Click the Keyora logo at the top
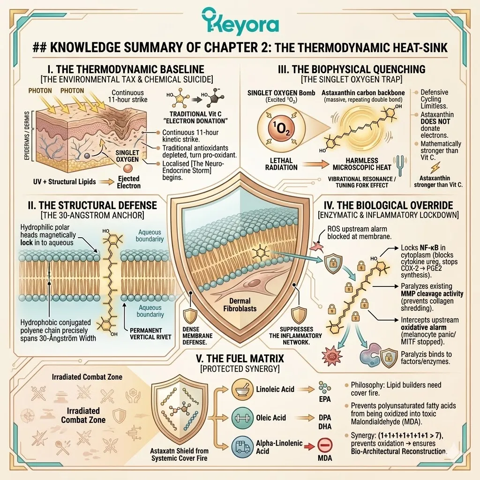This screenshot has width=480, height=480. coord(240,22)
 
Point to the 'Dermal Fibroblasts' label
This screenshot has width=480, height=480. coord(240,305)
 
